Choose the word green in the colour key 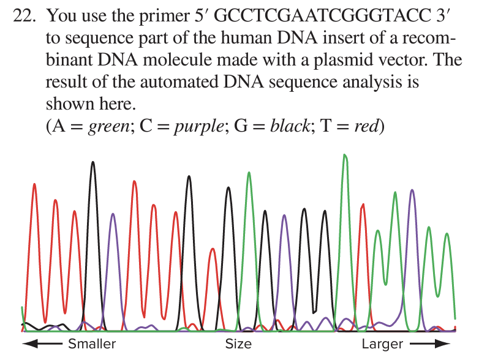pos(106,127)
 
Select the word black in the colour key pos(288,127)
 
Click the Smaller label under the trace pos(92,343)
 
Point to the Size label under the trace pos(238,343)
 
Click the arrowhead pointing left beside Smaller pos(26,343)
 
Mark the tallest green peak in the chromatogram pos(345,157)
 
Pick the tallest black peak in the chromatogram pos(93,163)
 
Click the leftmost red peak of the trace pos(34,185)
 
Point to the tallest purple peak pos(412,191)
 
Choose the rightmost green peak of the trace pos(447,234)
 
